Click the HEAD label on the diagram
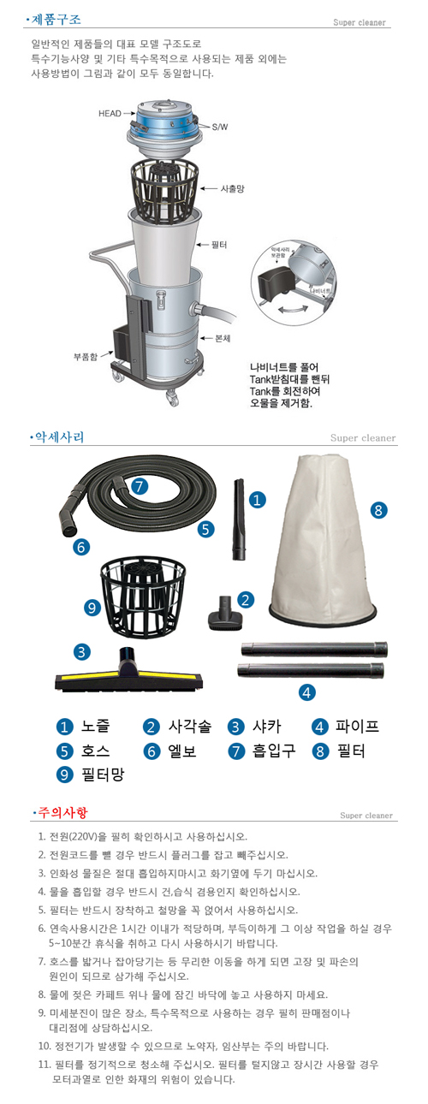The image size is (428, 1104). (109, 112)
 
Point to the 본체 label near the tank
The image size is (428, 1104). (225, 339)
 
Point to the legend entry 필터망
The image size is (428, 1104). (103, 776)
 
